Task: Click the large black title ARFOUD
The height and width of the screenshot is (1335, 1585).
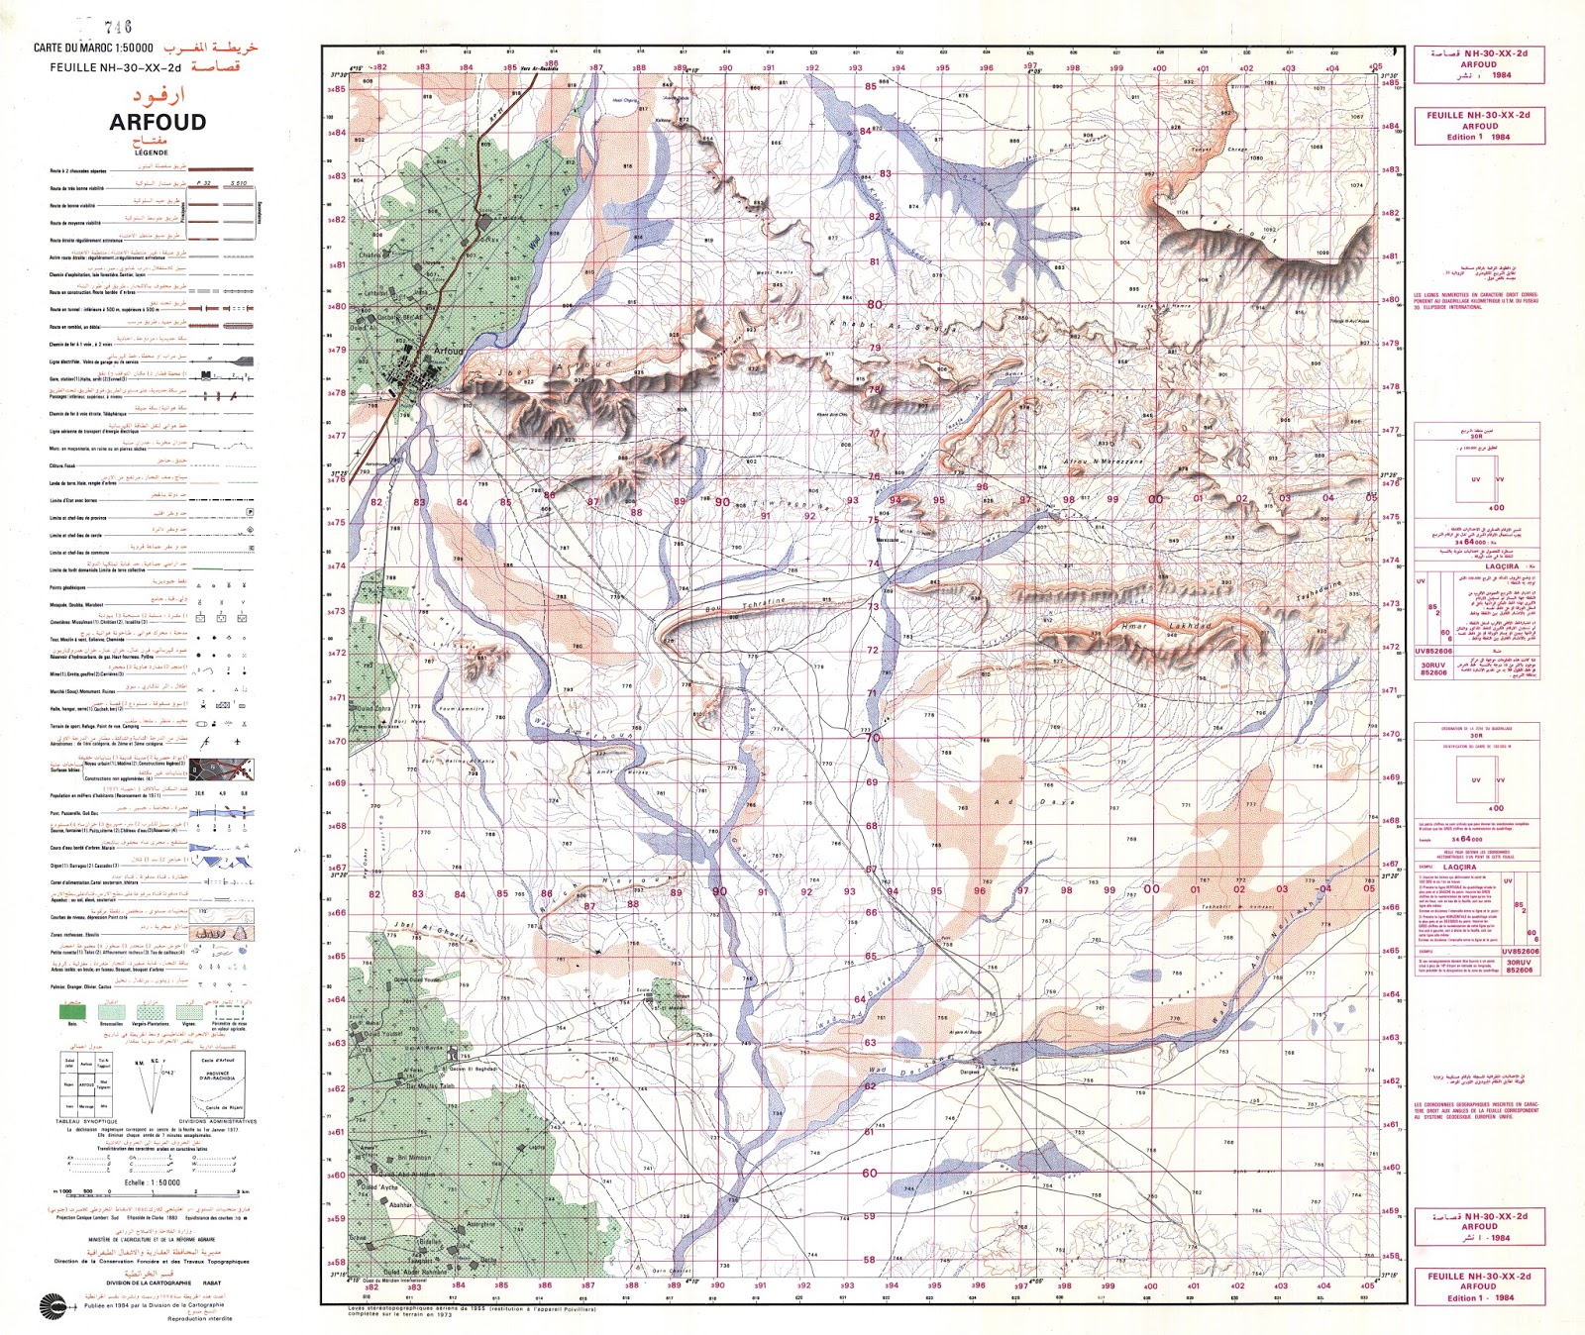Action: [x=158, y=123]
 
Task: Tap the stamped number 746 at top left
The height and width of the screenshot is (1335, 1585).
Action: [x=117, y=27]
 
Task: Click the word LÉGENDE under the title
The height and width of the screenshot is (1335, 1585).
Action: [x=151, y=153]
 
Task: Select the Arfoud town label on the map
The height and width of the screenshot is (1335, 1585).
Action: [x=448, y=351]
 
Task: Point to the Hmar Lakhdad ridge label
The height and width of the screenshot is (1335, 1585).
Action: [x=1164, y=627]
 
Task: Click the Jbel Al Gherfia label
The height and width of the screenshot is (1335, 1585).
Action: [x=433, y=933]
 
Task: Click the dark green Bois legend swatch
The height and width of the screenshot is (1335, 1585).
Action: [x=72, y=1011]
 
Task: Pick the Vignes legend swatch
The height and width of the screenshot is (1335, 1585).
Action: [x=188, y=1011]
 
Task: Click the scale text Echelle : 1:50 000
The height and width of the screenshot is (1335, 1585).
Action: [x=152, y=1182]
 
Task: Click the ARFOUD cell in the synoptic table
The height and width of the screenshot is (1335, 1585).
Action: [x=87, y=1084]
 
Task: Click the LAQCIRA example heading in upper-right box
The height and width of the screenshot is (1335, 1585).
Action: [x=1502, y=566]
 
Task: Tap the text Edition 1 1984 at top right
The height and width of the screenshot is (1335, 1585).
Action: [x=1479, y=137]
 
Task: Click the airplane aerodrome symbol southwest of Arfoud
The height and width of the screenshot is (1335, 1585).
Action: [x=358, y=453]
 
